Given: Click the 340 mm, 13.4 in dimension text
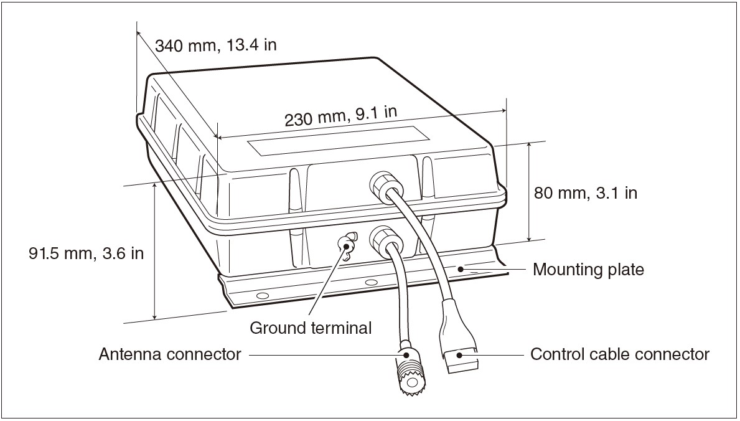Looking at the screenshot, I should [x=215, y=46].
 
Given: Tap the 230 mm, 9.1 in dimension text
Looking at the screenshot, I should [x=340, y=116].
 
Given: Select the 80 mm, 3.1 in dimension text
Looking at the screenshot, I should [x=586, y=192].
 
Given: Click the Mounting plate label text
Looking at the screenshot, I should [x=588, y=270].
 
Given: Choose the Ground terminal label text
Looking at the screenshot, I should [x=311, y=328].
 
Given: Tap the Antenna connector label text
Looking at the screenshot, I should [x=170, y=354].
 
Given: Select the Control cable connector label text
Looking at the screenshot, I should [x=619, y=354].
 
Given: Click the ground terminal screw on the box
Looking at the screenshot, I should [x=344, y=245].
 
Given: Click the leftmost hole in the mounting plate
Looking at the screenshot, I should [x=262, y=295].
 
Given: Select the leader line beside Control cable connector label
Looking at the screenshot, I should [x=498, y=355].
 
